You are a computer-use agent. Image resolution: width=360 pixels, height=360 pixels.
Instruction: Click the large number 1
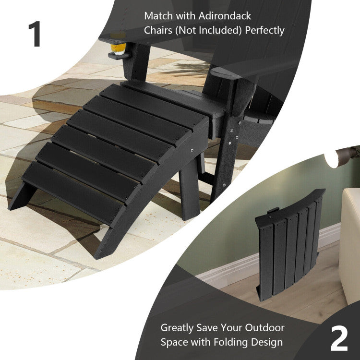[x=35, y=34]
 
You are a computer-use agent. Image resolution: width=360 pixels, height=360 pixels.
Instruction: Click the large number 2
[x=339, y=338]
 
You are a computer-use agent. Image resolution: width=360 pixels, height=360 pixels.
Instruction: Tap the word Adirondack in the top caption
[x=225, y=16]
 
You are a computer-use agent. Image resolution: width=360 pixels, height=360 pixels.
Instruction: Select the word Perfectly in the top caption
[x=264, y=30]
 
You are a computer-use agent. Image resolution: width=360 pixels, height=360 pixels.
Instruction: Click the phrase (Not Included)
[x=208, y=30]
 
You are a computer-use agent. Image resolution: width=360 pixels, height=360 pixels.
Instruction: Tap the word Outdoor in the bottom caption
[x=264, y=328]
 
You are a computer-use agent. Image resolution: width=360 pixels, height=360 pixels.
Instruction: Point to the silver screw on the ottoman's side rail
[x=192, y=150]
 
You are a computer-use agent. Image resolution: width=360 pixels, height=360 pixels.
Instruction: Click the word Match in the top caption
[x=158, y=16]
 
